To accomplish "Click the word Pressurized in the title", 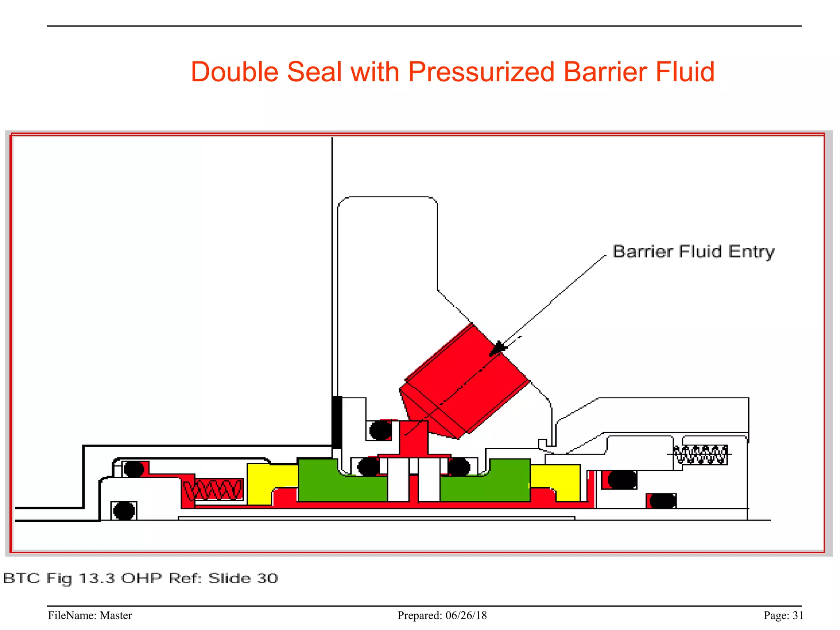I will tap(482, 72).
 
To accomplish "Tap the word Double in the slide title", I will tap(235, 72).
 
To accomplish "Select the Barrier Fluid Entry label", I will tap(694, 251).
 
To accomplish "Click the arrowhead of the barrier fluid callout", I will tap(498, 348).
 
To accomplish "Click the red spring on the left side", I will tap(213, 490).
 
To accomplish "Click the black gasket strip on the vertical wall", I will tap(337, 422).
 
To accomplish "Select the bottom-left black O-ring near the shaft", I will tap(124, 511).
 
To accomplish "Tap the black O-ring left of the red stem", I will tap(380, 430).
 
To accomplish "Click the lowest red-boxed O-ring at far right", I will tap(662, 501).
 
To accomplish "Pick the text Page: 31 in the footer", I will tap(783, 615).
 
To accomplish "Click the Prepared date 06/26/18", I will tap(466, 615).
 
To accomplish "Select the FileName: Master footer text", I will tap(90, 615).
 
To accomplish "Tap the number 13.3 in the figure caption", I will tap(97, 578).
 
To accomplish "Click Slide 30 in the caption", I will tap(243, 578).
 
